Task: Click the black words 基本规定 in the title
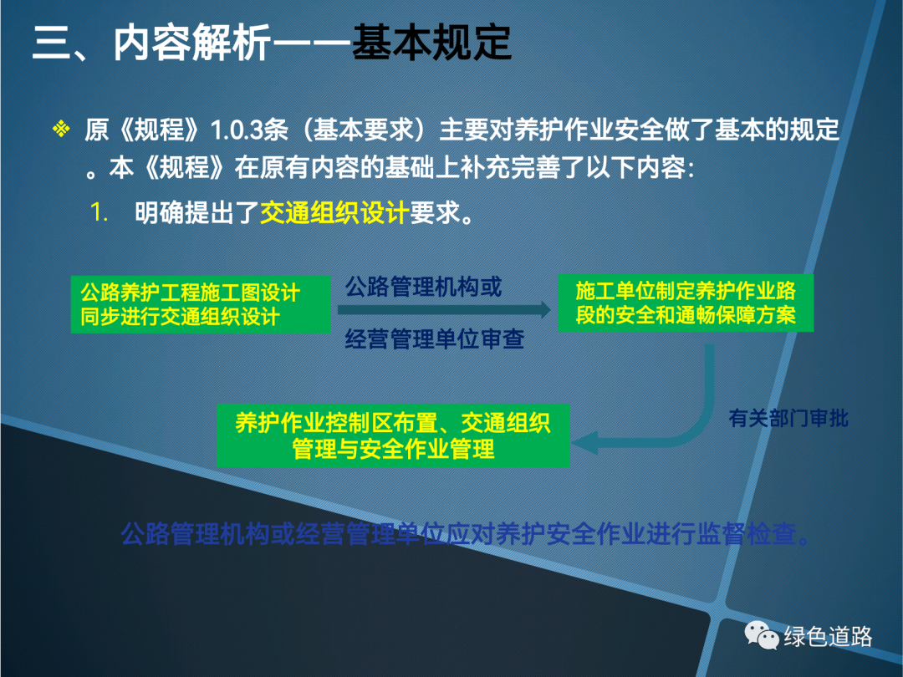(x=431, y=42)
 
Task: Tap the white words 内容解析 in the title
(x=191, y=42)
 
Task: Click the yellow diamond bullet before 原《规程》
(x=61, y=129)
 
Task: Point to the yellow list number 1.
(x=99, y=212)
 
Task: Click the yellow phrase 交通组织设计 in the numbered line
(x=334, y=212)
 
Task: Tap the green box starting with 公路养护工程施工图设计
(x=201, y=304)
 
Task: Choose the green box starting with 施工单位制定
(x=686, y=303)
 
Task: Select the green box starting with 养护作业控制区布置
(x=393, y=435)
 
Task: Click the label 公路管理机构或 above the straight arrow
(x=423, y=287)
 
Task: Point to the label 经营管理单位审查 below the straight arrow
(x=435, y=338)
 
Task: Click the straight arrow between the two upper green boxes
(x=444, y=310)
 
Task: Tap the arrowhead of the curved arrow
(x=584, y=442)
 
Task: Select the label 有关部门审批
(x=788, y=419)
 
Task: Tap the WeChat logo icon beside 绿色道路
(x=762, y=635)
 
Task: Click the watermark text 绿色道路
(x=828, y=636)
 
